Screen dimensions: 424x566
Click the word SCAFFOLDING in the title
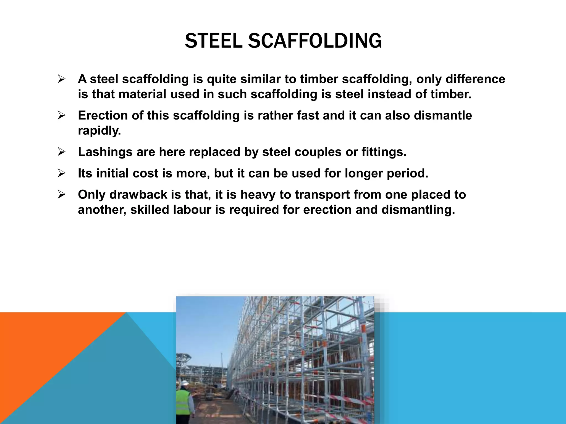[315, 41]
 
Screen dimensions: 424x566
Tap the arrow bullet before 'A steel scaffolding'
[61, 79]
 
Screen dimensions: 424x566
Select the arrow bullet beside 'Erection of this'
[61, 115]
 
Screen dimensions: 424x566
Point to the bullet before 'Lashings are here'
[61, 152]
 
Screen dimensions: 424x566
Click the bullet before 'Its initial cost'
[61, 173]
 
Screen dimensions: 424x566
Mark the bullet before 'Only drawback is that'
[61, 195]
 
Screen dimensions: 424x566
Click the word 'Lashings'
[105, 152]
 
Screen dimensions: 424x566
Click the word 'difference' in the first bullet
[475, 79]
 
